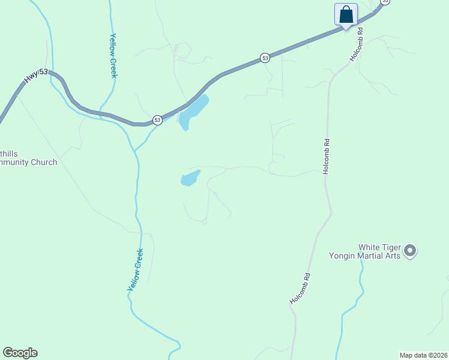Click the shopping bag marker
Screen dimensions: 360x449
pyautogui.click(x=346, y=14)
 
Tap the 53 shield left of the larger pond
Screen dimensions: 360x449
pyautogui.click(x=157, y=120)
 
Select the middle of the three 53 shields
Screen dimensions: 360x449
pyautogui.click(x=265, y=58)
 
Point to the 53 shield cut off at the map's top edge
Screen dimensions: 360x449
pyautogui.click(x=385, y=2)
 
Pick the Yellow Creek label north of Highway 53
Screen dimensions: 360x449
pyautogui.click(x=113, y=55)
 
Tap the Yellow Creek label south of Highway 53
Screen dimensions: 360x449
pyautogui.click(x=136, y=270)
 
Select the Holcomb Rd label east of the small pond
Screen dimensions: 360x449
pyautogui.click(x=326, y=156)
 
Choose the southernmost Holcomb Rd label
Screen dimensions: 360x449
pyautogui.click(x=300, y=289)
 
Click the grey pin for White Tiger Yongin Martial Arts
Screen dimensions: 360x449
pyautogui.click(x=410, y=250)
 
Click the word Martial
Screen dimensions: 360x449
pyautogui.click(x=372, y=256)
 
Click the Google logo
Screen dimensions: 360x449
pyautogui.click(x=20, y=353)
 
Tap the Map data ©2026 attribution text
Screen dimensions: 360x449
pyautogui.click(x=424, y=355)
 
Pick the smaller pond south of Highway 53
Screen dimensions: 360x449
pyautogui.click(x=190, y=178)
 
